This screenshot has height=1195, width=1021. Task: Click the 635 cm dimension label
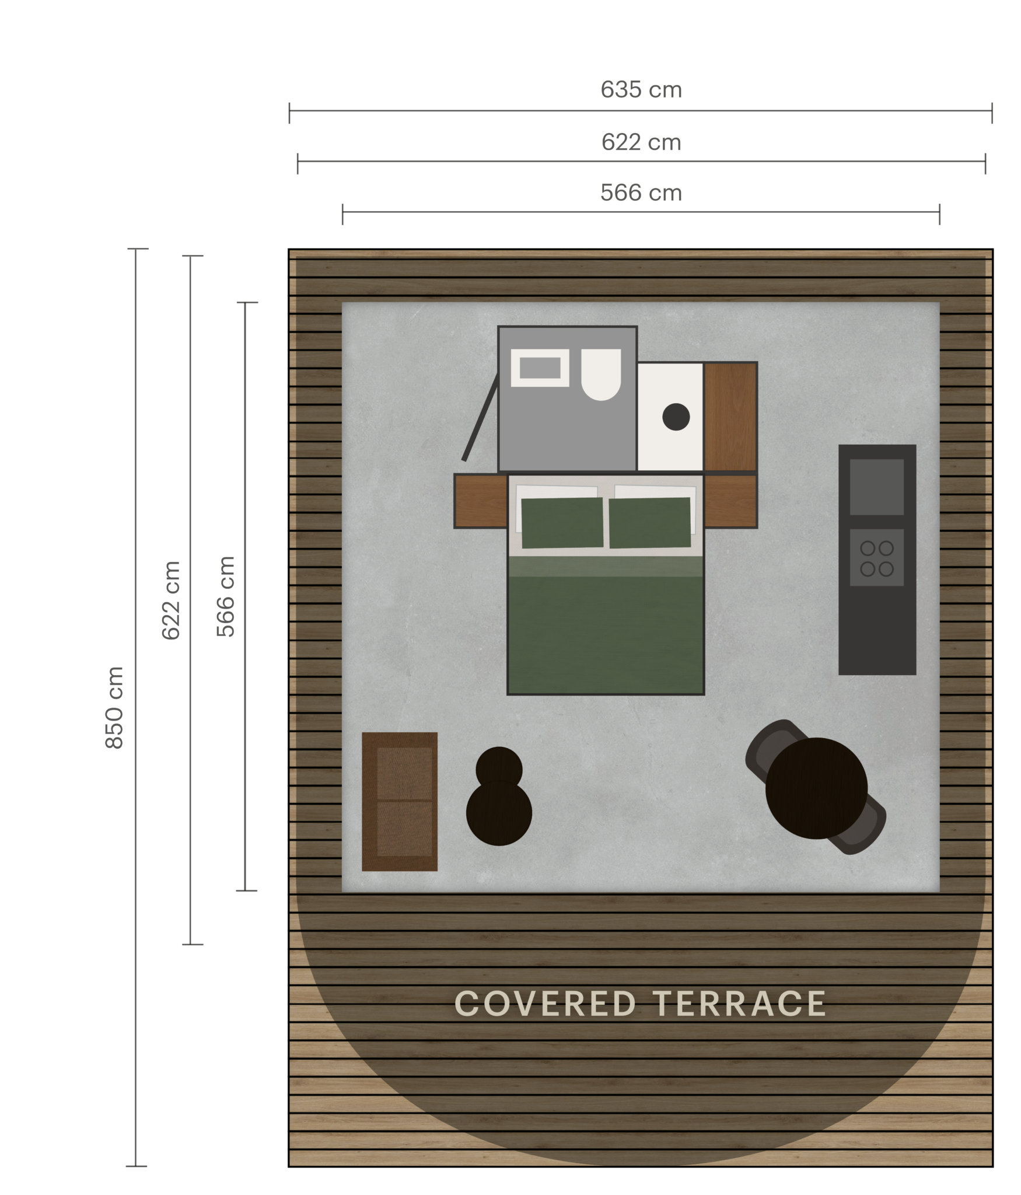point(641,90)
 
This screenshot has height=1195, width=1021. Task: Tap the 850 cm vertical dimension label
point(114,707)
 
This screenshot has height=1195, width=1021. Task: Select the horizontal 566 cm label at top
point(641,193)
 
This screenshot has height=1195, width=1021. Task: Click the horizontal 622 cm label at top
point(641,142)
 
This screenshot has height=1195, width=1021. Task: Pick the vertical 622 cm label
point(171,600)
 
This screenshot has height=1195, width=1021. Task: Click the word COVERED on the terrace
point(544,1004)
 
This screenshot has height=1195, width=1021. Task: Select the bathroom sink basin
point(540,368)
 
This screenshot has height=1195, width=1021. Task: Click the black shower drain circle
point(676,417)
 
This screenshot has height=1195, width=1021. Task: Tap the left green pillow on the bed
point(562,523)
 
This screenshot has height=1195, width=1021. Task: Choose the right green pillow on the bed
point(649,523)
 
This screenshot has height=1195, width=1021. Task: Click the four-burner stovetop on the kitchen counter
point(877,558)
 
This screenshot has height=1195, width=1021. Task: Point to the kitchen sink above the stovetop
point(877,486)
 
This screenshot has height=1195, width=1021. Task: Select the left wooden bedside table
point(480,501)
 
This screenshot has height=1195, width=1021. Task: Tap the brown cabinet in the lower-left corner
point(400,802)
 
